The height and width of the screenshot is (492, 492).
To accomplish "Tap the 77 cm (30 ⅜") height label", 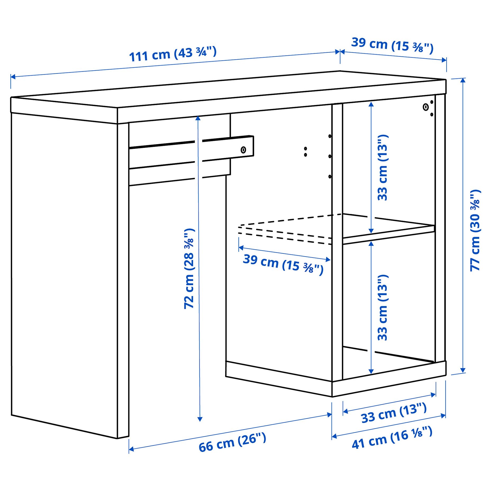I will (x=475, y=230).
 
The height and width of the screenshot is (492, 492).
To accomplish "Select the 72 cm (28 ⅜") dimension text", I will (x=189, y=268).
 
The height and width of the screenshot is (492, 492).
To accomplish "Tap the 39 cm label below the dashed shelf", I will (x=283, y=264).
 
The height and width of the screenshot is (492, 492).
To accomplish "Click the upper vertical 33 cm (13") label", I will (x=382, y=167).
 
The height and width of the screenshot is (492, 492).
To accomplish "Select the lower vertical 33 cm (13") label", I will (x=382, y=307).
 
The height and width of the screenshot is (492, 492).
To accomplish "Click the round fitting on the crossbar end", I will (x=243, y=150).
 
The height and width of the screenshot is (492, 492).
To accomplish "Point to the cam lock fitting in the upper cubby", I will (x=425, y=107).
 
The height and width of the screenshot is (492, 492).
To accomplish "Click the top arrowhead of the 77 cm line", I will (x=463, y=80).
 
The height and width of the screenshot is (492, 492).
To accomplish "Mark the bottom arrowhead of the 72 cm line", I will (x=200, y=419).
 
